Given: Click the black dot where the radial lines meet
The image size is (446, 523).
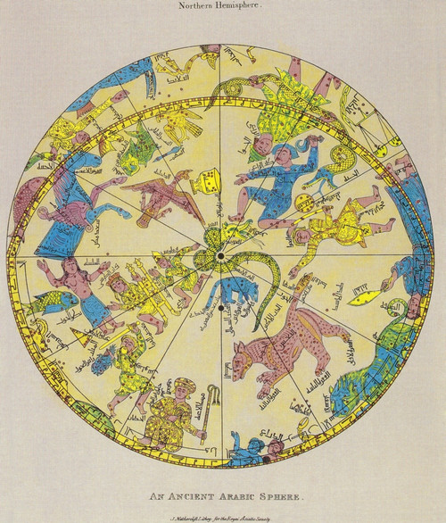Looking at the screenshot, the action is coord(219,256).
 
